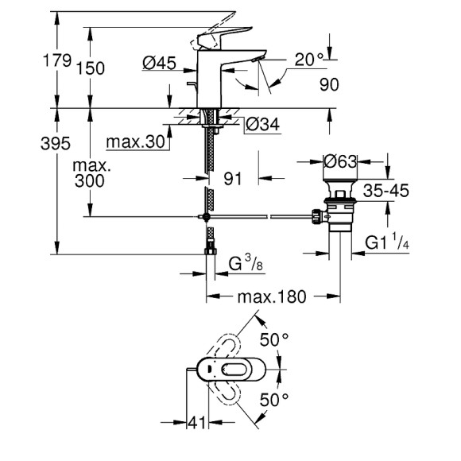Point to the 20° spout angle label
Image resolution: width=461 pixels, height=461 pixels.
pos(310,60)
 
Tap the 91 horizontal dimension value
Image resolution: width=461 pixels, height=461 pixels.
pos(232,179)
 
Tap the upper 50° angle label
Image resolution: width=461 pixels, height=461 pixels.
pos(274,340)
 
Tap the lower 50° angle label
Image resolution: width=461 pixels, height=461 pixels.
pos(274,399)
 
